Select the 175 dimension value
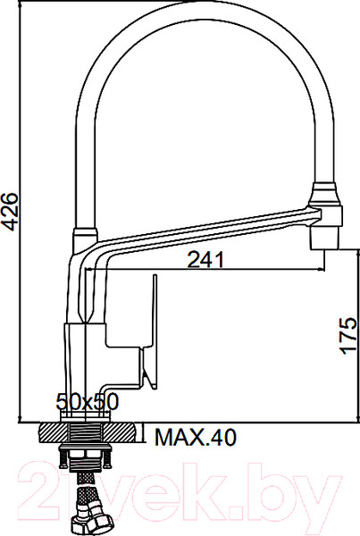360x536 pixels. [347, 335]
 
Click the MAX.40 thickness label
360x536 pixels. [194, 438]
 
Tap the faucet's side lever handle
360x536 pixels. [149, 331]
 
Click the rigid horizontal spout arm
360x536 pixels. [205, 225]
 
